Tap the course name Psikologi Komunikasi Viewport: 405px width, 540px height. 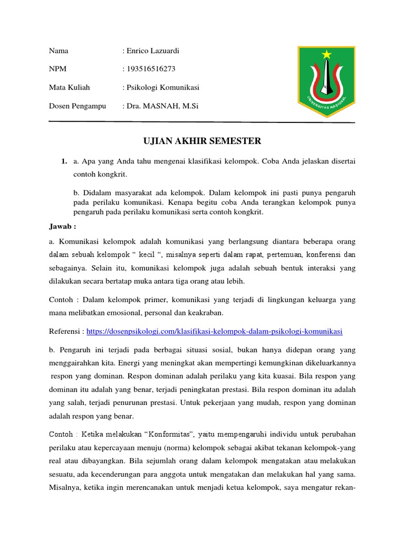tap(162, 88)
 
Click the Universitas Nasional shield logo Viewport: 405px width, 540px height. tap(327, 80)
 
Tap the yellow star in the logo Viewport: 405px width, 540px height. tap(327, 54)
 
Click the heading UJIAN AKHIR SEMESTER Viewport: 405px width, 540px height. tap(202, 141)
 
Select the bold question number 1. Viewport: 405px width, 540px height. tap(64, 161)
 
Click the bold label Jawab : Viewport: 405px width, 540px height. tap(63, 227)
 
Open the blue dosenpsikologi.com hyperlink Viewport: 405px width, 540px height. tap(214, 331)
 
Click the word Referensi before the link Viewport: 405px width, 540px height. tap(65, 331)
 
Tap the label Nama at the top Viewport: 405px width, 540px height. tap(59, 51)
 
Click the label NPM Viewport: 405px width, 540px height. tap(58, 69)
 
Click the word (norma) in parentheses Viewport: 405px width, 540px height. tap(207, 448)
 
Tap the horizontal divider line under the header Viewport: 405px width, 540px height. tap(202, 122)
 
